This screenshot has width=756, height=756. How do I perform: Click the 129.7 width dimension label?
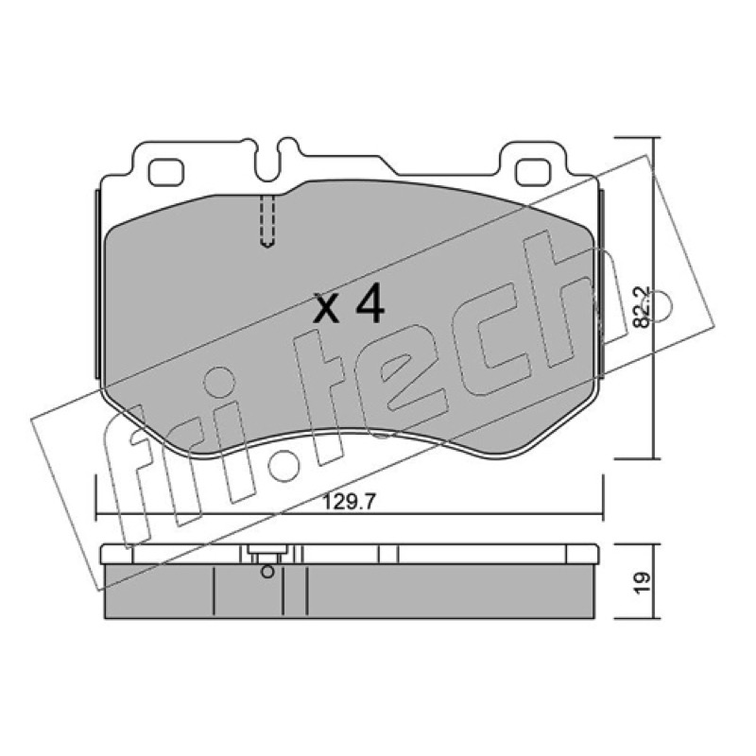349,503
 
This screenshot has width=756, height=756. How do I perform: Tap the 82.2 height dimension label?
642,308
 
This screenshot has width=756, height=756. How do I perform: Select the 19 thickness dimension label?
642,583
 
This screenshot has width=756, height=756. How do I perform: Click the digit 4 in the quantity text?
369,302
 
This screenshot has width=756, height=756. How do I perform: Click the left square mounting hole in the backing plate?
166,173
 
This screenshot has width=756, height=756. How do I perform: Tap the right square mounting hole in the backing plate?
533,173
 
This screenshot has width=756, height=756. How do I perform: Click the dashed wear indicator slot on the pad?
267,221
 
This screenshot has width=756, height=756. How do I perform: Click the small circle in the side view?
267,572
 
